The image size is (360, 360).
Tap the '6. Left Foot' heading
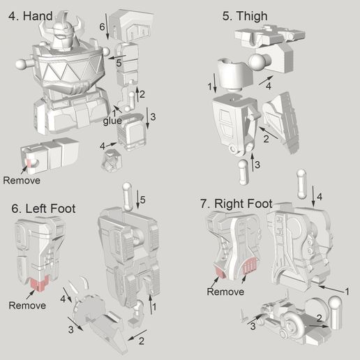pos(43,208)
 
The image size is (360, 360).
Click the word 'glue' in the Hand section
pos(113,121)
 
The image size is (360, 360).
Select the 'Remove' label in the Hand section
pos(22,180)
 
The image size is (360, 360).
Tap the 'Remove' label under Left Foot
pos(27,305)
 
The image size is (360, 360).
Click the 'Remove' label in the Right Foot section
pos(225,292)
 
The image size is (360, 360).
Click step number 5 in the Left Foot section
pos(142,201)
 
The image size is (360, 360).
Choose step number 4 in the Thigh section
pos(268,86)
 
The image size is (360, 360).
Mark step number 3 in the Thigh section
pos(257,164)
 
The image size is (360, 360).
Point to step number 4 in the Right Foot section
pos(319,197)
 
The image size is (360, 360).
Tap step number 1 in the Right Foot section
pos(347,290)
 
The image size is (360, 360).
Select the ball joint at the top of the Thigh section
pos(262,63)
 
